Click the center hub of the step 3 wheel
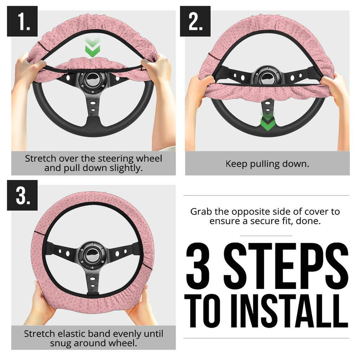[92, 254]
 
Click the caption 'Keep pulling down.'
[267, 163]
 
